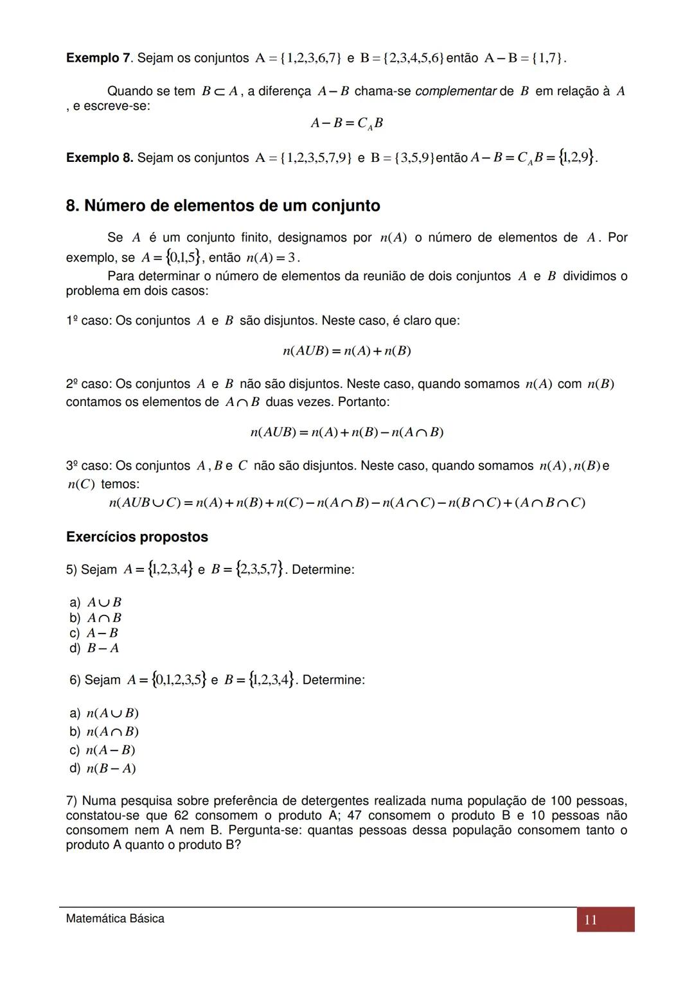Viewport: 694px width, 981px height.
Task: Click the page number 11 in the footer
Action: pyautogui.click(x=591, y=920)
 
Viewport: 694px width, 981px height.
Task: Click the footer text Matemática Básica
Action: pyautogui.click(x=115, y=919)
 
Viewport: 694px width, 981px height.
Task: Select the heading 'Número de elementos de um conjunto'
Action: pyautogui.click(x=223, y=206)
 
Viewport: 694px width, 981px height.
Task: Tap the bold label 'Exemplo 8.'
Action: pyautogui.click(x=100, y=157)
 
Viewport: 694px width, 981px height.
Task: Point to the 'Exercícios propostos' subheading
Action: pyautogui.click(x=137, y=537)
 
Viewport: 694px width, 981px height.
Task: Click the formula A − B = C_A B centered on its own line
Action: pyautogui.click(x=347, y=123)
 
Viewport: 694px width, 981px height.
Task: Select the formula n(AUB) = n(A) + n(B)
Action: pyautogui.click(x=347, y=351)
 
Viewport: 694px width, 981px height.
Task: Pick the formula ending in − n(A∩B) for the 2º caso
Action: pyautogui.click(x=347, y=432)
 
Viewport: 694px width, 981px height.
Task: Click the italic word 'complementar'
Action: pyautogui.click(x=456, y=91)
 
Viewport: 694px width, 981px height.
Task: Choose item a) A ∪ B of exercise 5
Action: pyautogui.click(x=96, y=603)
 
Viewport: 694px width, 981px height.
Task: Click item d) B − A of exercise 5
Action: pyautogui.click(x=94, y=648)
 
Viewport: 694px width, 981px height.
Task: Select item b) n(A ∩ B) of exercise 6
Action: pyautogui.click(x=104, y=732)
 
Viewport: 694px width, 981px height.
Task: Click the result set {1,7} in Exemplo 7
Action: pyautogui.click(x=551, y=58)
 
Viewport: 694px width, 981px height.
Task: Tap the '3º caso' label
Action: pyautogui.click(x=87, y=466)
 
